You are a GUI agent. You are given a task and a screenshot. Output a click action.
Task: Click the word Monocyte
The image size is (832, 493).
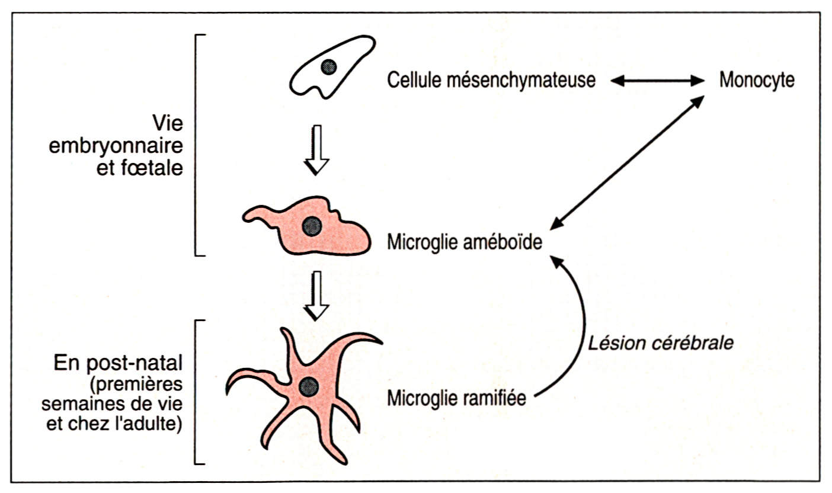coord(757,81)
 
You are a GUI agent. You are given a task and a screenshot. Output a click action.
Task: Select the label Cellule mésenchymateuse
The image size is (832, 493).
coord(491,81)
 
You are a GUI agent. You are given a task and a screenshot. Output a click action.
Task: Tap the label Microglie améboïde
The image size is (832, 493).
coord(465,243)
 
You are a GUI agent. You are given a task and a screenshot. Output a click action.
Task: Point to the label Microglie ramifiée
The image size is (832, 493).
coord(457,399)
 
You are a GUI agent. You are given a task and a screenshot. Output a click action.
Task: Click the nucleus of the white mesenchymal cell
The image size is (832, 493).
coord(328,67)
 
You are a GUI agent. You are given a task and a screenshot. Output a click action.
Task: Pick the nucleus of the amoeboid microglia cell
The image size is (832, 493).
coord(312,225)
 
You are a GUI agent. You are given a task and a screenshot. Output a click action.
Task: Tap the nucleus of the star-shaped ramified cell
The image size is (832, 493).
coord(307,388)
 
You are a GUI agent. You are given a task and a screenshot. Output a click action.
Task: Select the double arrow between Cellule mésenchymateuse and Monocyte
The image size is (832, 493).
coord(656,81)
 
